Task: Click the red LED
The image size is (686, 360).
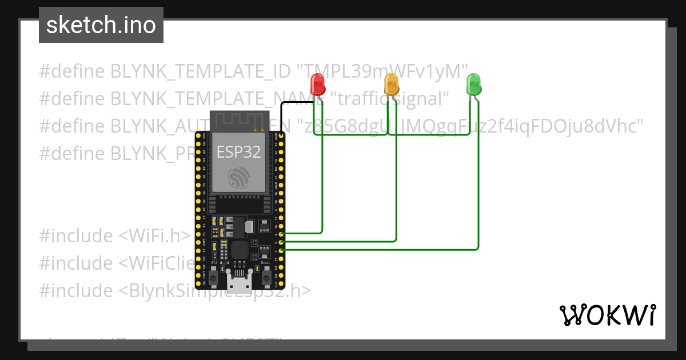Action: tap(318, 85)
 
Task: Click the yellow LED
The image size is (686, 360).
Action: tap(392, 85)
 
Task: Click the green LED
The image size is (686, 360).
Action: tap(473, 85)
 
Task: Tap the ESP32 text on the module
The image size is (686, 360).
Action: tap(238, 152)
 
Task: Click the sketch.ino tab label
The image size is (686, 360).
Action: tap(101, 25)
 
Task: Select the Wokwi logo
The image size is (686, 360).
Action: tap(607, 315)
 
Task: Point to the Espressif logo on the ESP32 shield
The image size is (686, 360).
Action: tap(238, 178)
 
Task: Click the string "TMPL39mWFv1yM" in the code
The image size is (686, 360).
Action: tap(382, 71)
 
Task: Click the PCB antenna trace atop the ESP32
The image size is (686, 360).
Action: tap(238, 120)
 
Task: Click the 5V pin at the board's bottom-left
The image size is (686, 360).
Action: tap(198, 283)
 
